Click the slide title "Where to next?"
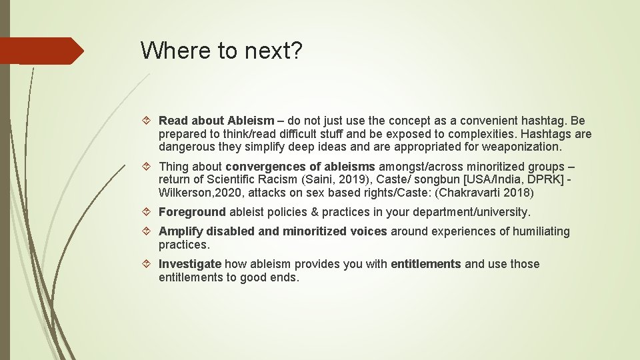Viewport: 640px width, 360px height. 221,51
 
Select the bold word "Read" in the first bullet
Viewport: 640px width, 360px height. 173,121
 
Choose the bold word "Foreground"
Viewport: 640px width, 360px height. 192,212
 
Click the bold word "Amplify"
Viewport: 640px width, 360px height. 180,231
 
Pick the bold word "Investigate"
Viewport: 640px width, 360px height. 189,264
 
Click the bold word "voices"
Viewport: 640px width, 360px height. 367,231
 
